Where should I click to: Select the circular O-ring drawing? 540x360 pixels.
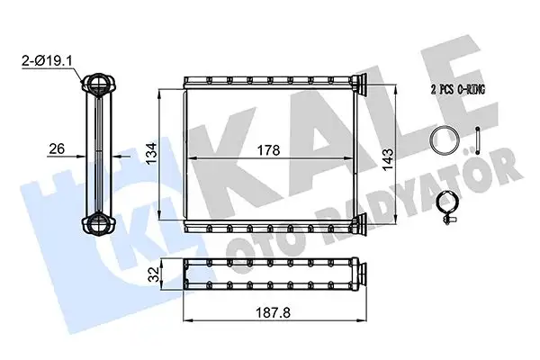pos(442,142)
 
